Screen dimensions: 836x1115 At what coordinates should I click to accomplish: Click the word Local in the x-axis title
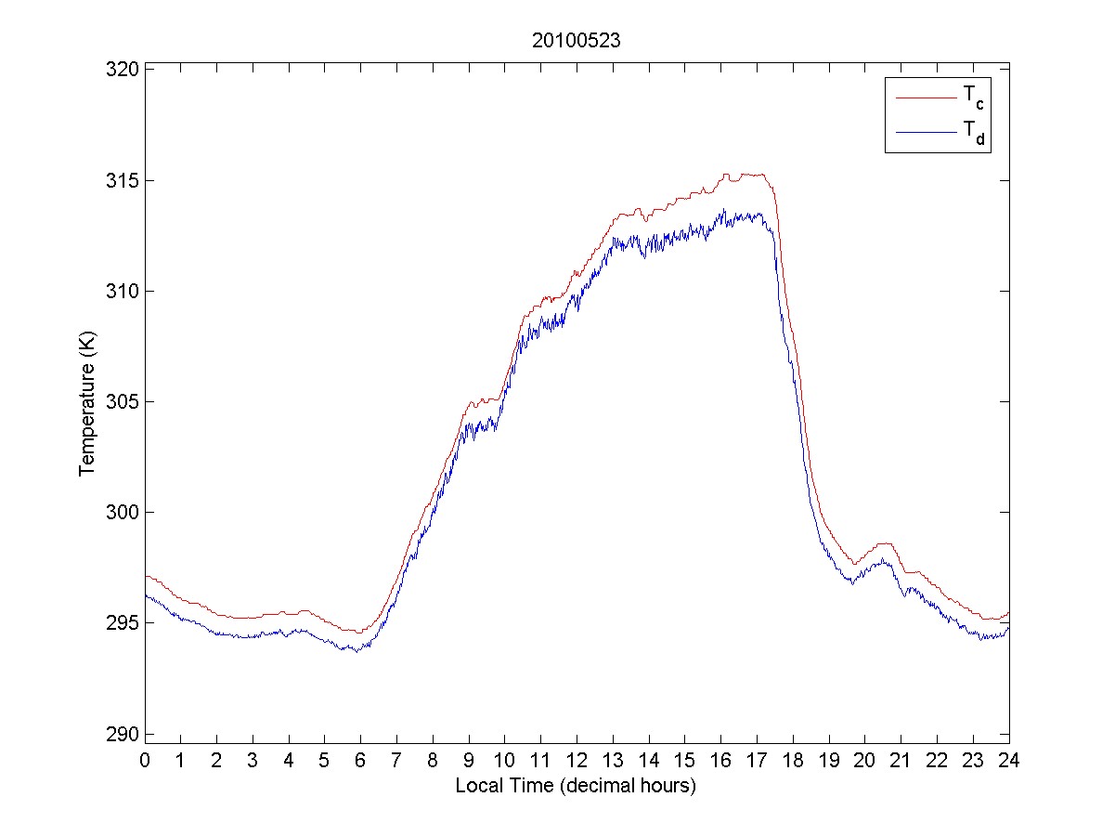[x=476, y=785]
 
